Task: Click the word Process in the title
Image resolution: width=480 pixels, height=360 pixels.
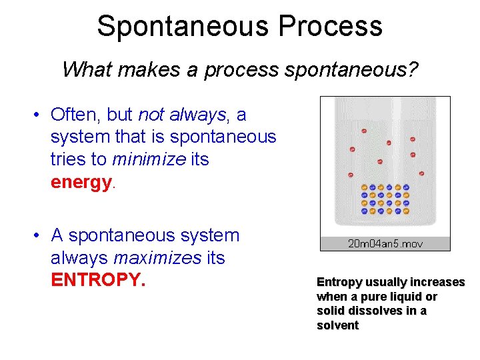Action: (x=331, y=26)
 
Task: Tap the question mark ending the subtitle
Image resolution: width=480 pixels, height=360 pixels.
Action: (x=413, y=69)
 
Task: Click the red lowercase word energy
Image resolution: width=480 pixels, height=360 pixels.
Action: (x=81, y=182)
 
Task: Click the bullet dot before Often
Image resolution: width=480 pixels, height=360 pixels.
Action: (x=39, y=115)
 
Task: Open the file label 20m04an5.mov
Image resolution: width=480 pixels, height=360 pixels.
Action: (x=385, y=244)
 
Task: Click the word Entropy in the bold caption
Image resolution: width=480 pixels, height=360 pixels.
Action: (x=341, y=282)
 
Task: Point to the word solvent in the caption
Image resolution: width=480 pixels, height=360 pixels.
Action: (x=338, y=325)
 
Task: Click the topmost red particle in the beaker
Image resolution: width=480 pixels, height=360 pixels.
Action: (x=364, y=131)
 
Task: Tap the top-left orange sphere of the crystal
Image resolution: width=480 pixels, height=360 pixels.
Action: (x=364, y=187)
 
